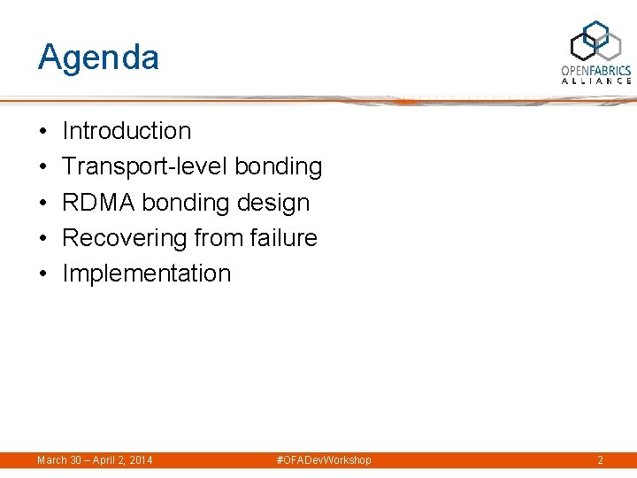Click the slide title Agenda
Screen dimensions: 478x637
98,58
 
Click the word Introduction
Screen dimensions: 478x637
127,131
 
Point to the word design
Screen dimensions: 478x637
273,203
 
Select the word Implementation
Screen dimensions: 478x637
146,274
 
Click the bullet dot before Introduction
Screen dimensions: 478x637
43,132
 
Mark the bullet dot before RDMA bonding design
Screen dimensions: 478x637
43,204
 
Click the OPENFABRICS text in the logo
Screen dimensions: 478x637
596,70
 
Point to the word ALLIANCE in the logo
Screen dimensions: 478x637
596,81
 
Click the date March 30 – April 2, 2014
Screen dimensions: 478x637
95,460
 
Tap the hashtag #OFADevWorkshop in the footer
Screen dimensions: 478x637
324,460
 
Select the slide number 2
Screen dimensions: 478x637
600,460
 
